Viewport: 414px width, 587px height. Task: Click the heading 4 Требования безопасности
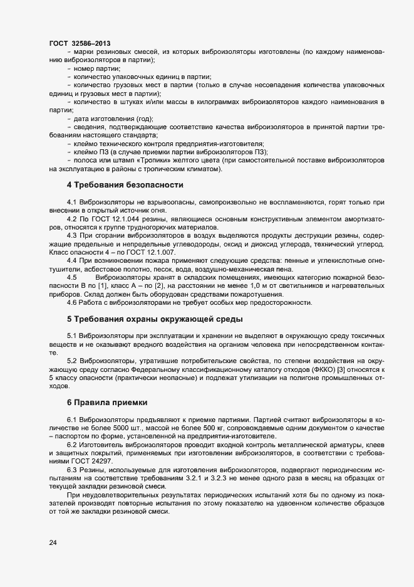[x=125, y=185]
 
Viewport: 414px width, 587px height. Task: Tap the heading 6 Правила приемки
[x=107, y=401]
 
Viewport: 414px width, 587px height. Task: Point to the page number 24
[x=53, y=543]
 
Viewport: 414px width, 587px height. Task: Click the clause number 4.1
[x=71, y=203]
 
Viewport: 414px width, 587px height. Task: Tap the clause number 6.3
[x=71, y=470]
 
